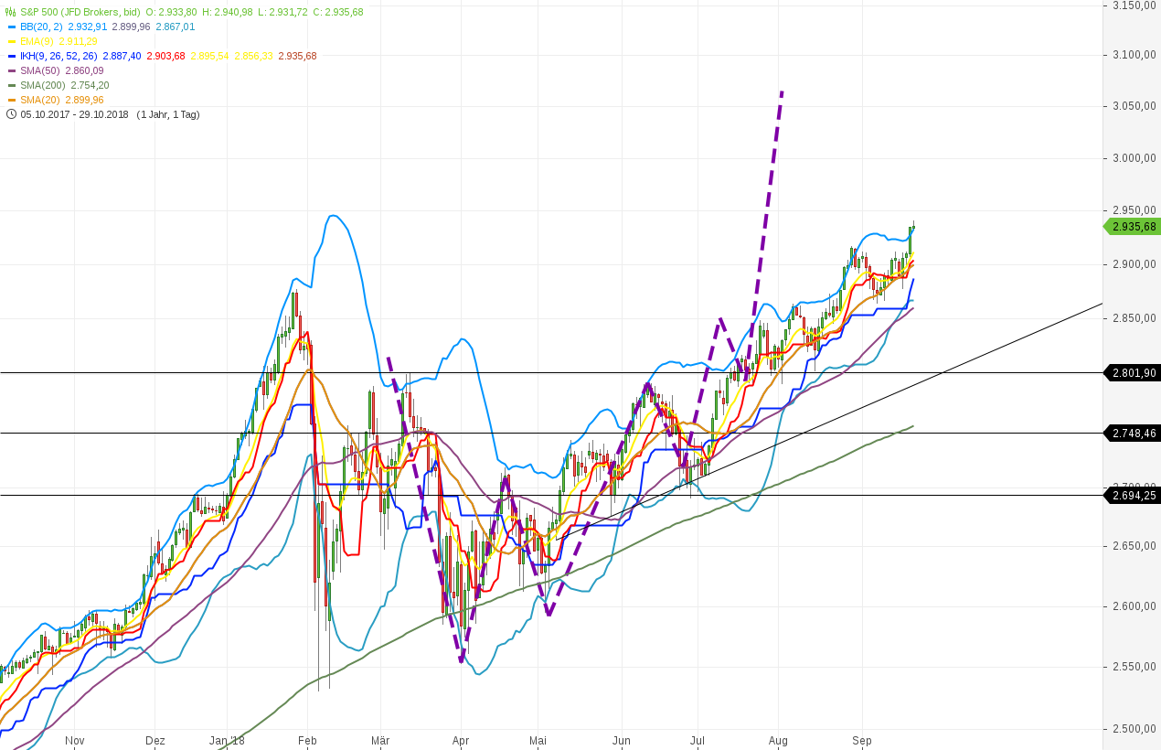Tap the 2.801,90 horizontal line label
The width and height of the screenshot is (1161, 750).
coord(1133,373)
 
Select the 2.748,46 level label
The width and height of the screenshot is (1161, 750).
coord(1133,433)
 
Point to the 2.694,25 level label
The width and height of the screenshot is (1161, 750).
coord(1133,496)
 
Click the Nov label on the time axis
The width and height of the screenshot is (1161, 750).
coord(75,740)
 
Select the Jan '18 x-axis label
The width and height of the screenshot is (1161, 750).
coord(227,740)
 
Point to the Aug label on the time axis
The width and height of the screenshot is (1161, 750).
coord(779,740)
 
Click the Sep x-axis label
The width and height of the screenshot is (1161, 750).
coord(862,740)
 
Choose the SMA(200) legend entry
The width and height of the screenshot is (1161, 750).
coord(65,85)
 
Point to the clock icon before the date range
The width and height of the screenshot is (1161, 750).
coord(11,114)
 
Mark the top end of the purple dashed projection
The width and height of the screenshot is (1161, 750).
coord(782,92)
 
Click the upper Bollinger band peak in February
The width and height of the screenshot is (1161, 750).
coord(332,216)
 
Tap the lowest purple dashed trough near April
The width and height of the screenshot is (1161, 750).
coord(462,659)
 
